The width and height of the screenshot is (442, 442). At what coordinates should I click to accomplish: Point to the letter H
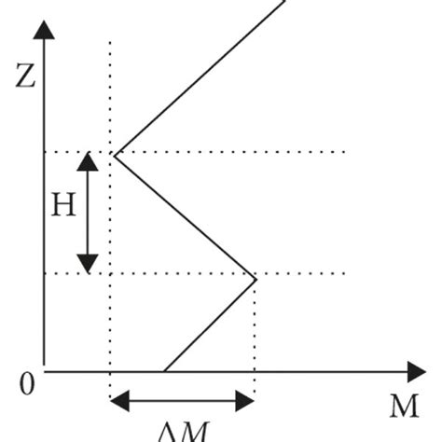point(62,206)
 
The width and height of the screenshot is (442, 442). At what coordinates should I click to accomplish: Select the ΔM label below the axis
point(183,432)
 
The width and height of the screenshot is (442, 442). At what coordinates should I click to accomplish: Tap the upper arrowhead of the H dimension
point(87,161)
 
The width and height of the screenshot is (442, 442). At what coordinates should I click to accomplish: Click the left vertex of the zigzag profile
point(115,153)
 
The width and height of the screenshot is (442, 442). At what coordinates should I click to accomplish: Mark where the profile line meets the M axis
point(164,371)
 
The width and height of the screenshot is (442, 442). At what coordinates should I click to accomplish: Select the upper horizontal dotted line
point(280,152)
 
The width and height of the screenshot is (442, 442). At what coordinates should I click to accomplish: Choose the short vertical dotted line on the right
point(256,326)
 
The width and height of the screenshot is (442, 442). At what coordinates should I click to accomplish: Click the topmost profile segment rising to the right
point(200,75)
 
